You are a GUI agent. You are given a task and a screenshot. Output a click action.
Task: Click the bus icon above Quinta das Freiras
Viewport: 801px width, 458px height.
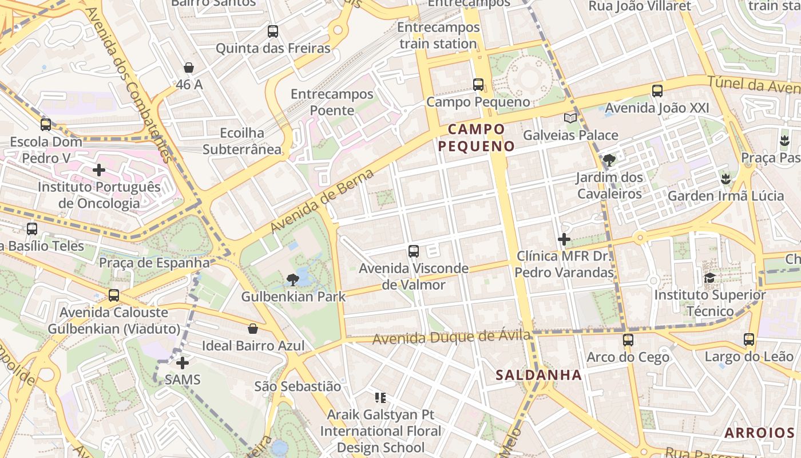point(273,31)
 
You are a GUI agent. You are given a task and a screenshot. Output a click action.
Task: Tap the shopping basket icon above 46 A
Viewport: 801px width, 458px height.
point(189,68)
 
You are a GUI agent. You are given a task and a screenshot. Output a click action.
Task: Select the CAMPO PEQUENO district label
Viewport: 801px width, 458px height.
point(477,137)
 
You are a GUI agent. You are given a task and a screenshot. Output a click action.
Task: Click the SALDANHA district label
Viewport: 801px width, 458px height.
point(538,376)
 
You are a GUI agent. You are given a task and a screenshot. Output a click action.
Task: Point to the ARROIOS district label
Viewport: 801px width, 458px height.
point(759,433)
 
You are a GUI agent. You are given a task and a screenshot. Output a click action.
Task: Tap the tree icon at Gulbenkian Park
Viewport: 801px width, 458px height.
point(293,280)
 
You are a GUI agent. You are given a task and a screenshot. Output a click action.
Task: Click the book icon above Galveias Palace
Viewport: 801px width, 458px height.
point(570,119)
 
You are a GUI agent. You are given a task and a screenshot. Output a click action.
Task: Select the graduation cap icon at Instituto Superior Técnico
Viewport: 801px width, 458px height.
point(710,278)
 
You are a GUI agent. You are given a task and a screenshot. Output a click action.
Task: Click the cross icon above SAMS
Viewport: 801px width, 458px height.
point(183,363)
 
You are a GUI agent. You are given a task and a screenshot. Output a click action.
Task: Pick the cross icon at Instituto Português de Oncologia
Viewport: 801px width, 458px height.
point(99,170)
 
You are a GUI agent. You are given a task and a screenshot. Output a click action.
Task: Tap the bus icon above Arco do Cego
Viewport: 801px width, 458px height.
point(628,340)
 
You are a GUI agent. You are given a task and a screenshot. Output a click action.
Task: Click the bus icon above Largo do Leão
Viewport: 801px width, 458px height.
point(749,339)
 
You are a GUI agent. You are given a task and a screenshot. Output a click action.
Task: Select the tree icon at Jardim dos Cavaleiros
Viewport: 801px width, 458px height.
point(609,160)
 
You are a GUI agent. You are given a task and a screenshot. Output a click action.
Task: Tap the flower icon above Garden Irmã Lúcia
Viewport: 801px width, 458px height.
point(726,179)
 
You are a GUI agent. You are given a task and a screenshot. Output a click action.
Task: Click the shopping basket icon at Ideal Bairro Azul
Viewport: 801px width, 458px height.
point(252,329)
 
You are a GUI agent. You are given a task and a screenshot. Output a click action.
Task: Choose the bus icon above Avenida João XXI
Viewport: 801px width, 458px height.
point(657,90)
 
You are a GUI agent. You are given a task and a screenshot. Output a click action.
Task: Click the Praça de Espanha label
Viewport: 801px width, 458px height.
point(154,263)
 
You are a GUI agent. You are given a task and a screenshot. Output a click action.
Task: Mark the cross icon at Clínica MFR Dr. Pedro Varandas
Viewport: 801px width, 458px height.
point(564,239)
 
